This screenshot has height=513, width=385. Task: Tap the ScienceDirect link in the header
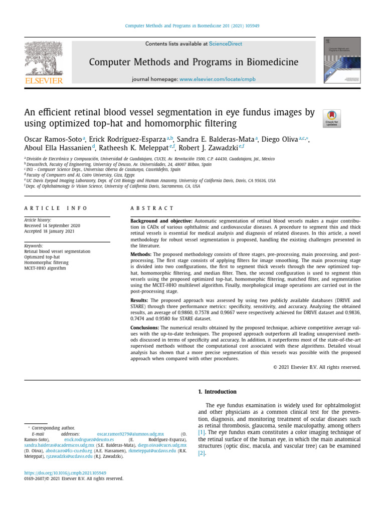coord(225,44)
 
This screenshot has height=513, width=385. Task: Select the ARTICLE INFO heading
coord(56,208)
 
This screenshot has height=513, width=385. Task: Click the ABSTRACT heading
coord(152,208)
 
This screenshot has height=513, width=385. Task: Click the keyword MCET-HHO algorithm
coord(45,268)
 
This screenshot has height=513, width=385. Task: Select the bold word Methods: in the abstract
coord(141,254)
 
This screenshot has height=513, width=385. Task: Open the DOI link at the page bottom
coord(65,472)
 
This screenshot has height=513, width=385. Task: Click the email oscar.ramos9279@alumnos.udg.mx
coord(130,433)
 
